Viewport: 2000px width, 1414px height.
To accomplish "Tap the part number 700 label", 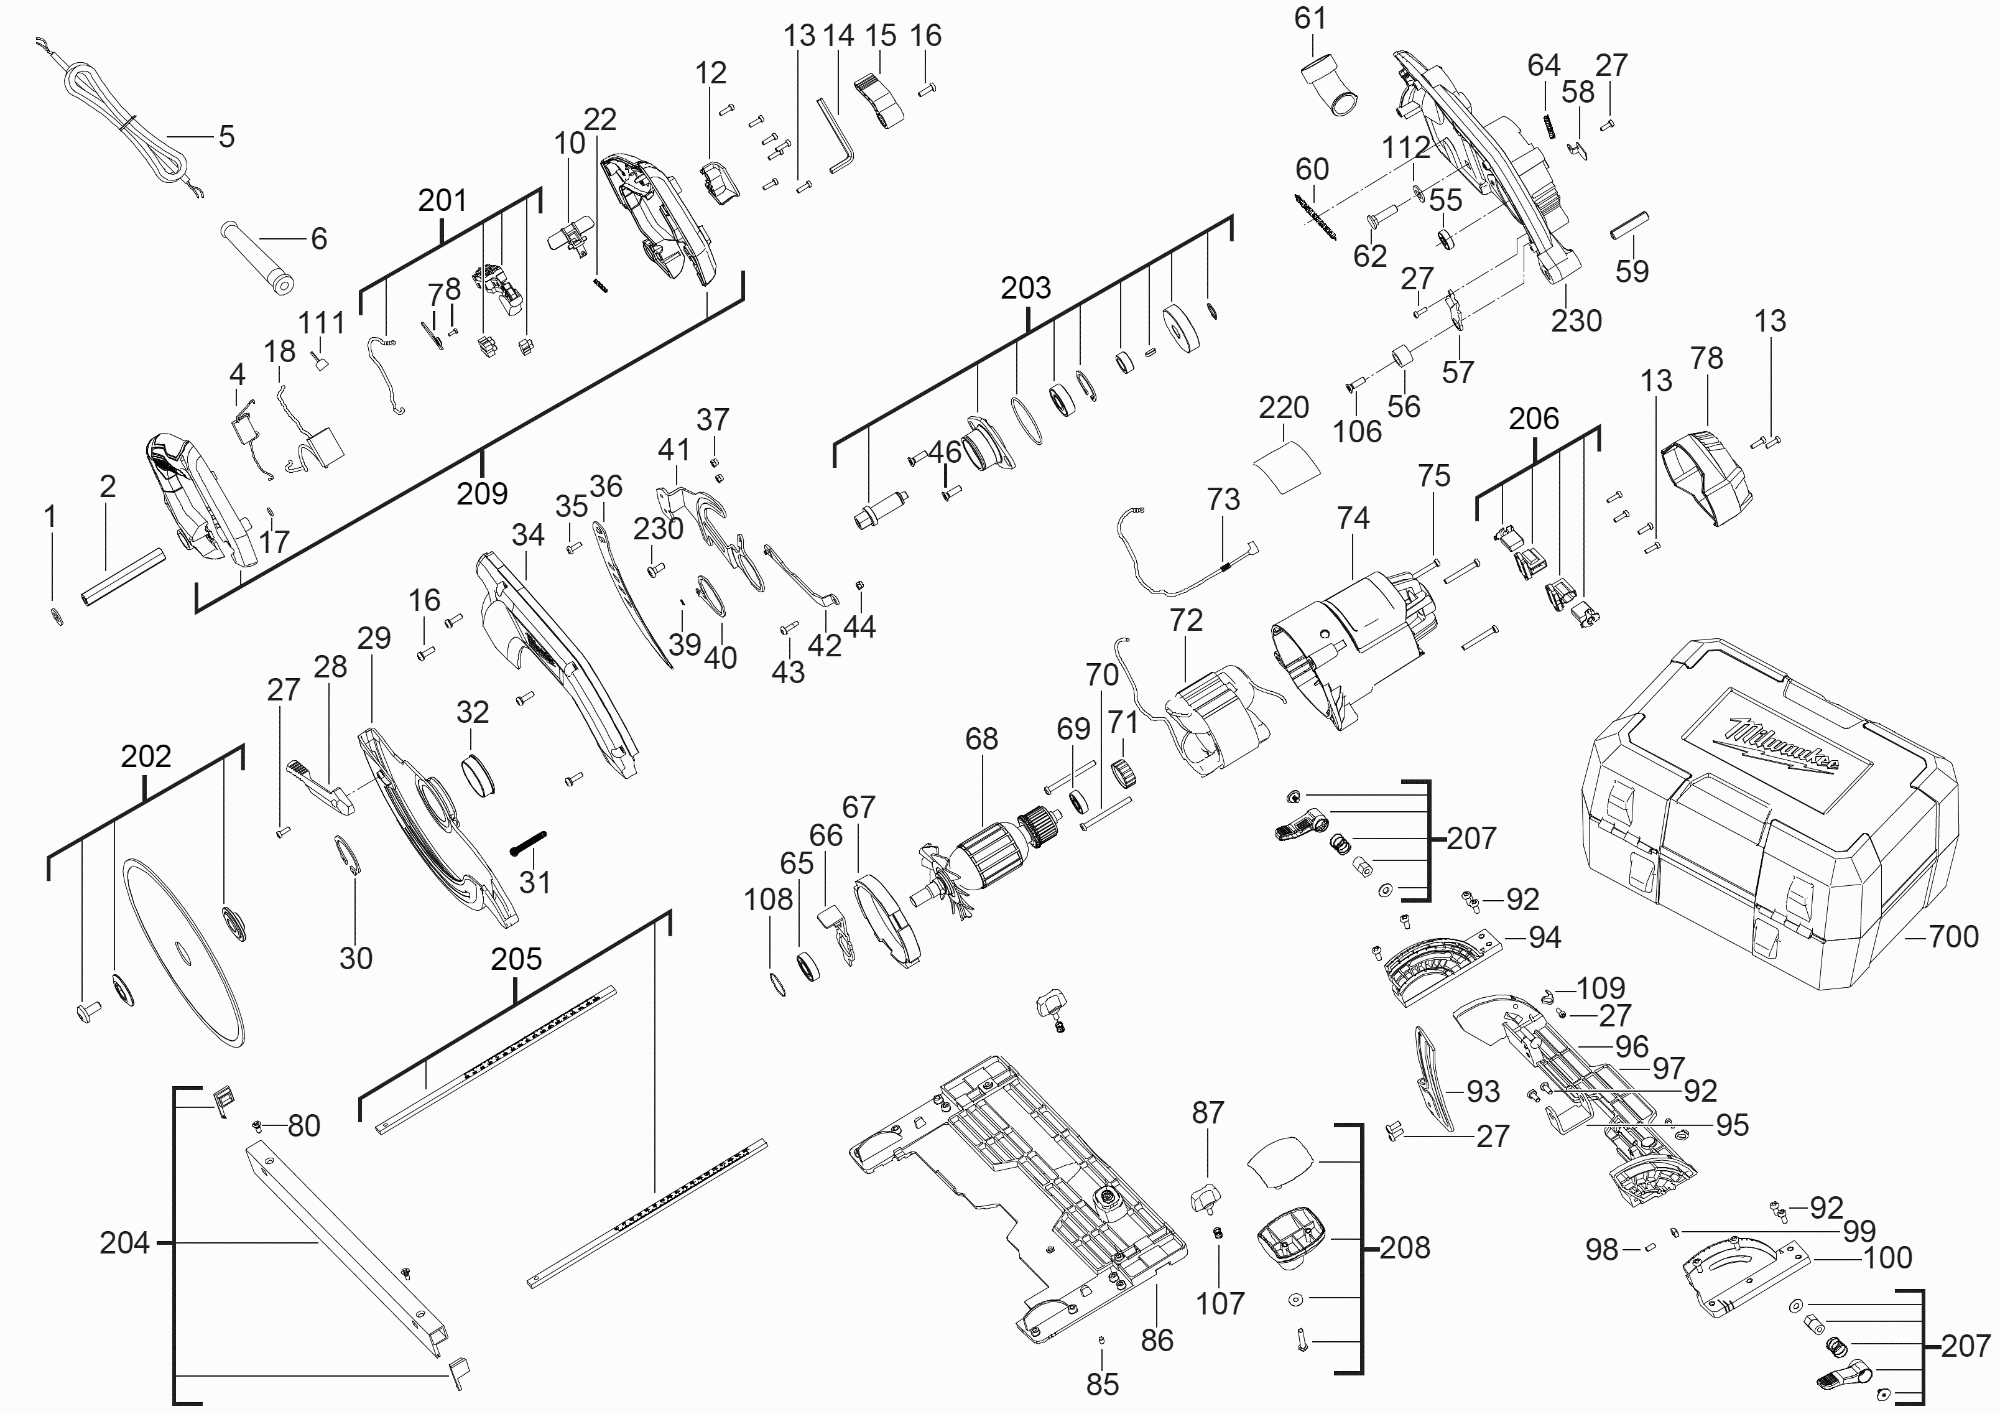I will point(1954,937).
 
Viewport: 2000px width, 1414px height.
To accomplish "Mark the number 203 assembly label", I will point(1025,287).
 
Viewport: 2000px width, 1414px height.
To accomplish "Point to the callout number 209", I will point(482,493).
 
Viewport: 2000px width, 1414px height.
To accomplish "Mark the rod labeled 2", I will point(124,575).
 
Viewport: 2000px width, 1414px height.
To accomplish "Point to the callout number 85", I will point(1102,1384).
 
